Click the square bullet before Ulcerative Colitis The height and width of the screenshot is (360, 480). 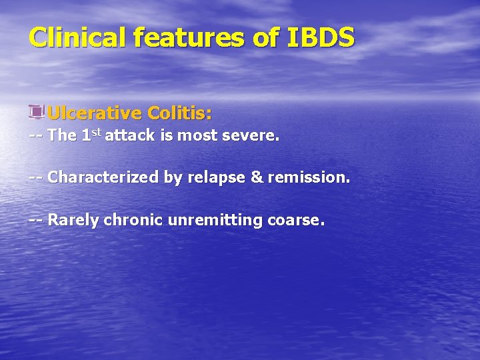(x=36, y=111)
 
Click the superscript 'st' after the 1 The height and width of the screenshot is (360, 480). (x=97, y=133)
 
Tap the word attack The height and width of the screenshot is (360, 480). (x=129, y=136)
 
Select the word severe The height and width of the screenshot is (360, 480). (x=254, y=136)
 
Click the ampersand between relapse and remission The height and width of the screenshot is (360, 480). (x=257, y=178)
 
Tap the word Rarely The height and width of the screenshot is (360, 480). (x=73, y=220)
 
